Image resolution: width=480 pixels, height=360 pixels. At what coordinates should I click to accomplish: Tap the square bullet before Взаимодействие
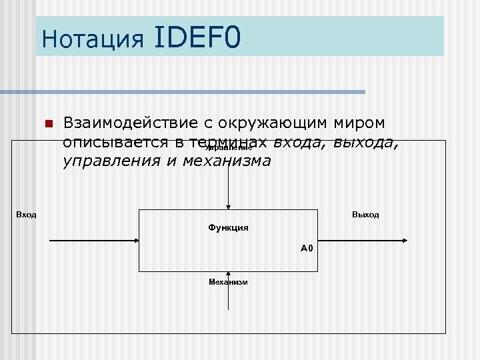pos(49,124)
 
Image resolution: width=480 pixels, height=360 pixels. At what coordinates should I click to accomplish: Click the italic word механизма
pos(227,161)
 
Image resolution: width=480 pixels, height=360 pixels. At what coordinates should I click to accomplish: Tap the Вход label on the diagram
pos(26,215)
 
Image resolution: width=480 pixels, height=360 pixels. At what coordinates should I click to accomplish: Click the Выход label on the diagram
pos(365,215)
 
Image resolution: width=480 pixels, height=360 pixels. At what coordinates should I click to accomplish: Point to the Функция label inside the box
pos(228,228)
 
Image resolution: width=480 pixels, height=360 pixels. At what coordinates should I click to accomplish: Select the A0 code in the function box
pos(307,248)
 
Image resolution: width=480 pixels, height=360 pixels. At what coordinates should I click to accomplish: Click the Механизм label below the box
pos(228,282)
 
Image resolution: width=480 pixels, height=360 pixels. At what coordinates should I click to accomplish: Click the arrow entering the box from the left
pos(93,239)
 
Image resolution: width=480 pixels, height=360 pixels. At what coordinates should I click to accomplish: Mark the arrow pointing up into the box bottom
pos(229,293)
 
